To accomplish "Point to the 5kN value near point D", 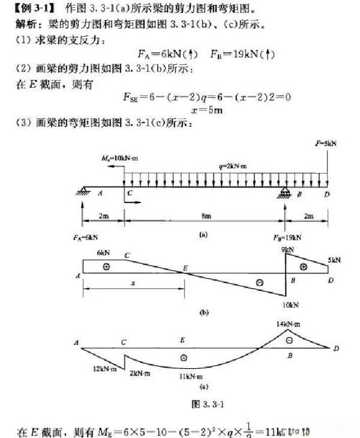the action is click(x=333, y=261).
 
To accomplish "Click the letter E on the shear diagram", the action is click(x=184, y=268).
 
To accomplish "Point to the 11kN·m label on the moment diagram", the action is click(x=191, y=375).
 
